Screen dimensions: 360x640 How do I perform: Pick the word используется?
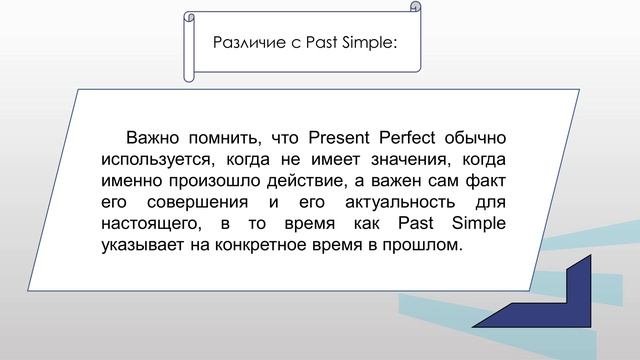pos(151,159)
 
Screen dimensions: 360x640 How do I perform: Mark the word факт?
pos(487,181)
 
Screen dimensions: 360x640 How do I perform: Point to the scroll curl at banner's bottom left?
pos(189,73)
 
